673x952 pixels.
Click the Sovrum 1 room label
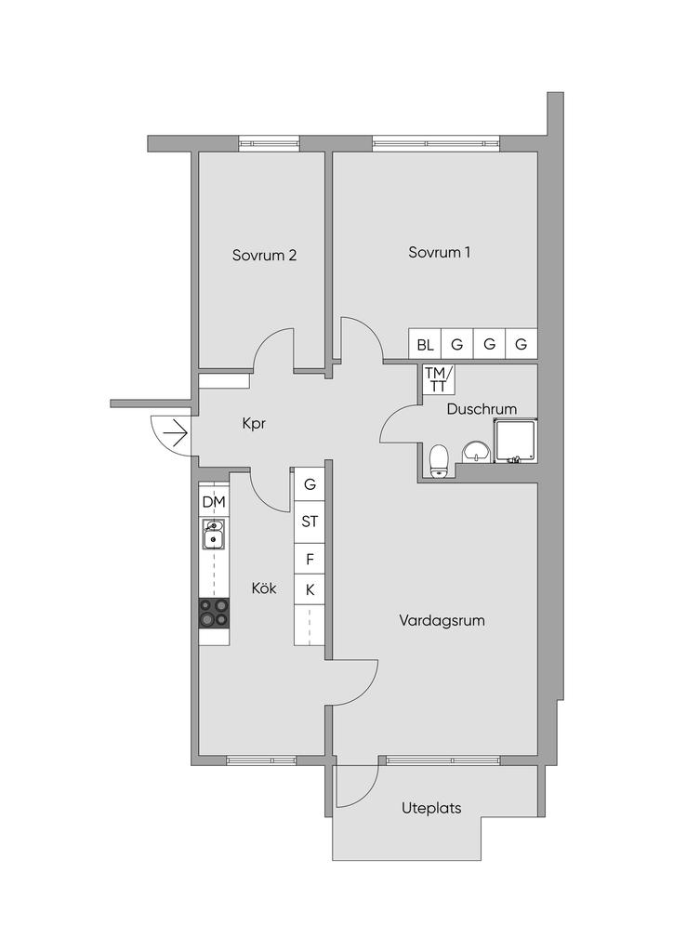point(439,253)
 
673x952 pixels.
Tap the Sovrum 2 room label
point(264,255)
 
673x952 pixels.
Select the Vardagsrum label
point(442,620)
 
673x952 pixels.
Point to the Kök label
point(264,588)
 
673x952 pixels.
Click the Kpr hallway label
point(254,423)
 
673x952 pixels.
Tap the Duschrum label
point(482,409)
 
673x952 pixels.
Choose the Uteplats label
point(431,808)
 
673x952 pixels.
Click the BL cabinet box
point(425,344)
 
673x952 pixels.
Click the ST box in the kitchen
point(310,522)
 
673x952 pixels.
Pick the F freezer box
point(310,559)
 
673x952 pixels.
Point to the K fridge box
point(310,589)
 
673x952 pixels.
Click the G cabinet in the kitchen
point(310,484)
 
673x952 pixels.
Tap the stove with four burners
point(214,614)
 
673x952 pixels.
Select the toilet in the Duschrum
point(438,461)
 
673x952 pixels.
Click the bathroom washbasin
point(476,452)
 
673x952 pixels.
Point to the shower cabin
point(515,441)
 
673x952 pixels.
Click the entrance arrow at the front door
point(175,433)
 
